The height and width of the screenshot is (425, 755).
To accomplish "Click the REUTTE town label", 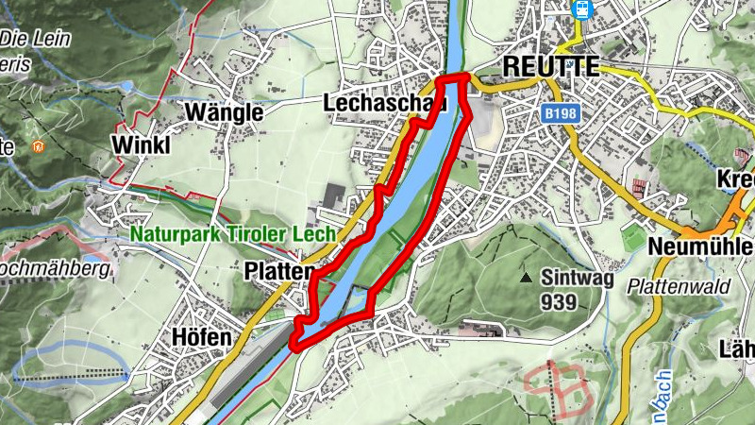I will pos(552,66).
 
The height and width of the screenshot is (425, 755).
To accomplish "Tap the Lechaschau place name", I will pos(383,102).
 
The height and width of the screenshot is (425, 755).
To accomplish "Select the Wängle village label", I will pos(224,112).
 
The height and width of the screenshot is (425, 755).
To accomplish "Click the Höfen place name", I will pos(201,337).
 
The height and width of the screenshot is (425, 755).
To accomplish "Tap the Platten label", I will pos(277,271).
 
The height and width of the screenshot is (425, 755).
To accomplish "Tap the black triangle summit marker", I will pos(526,279).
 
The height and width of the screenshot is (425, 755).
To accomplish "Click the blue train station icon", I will pos(583,9).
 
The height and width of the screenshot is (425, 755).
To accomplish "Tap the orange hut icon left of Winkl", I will pos(39,146).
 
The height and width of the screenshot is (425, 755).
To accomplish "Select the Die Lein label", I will pos(28,39).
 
